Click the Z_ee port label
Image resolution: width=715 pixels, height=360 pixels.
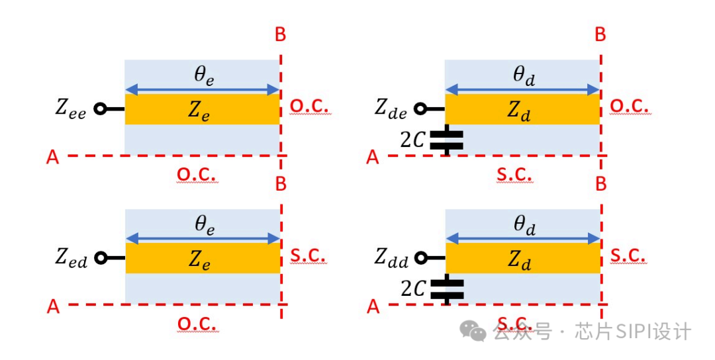tap(70, 109)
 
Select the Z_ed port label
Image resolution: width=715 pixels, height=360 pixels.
tap(70, 258)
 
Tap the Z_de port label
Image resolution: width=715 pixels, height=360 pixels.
tap(391, 109)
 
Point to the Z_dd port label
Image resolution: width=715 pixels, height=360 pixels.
tap(391, 258)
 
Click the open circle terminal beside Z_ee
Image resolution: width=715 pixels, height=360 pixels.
tap(100, 109)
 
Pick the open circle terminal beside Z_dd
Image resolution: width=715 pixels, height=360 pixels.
tap(420, 258)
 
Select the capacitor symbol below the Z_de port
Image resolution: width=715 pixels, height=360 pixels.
tap(446, 140)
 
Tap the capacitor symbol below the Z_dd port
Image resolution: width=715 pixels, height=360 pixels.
tap(446, 289)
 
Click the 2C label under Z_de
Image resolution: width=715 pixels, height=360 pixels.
tap(413, 140)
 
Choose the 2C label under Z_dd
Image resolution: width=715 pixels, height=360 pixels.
tap(413, 289)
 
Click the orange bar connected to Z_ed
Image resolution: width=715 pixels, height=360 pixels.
tap(202, 258)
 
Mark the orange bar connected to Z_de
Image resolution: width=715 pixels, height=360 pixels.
tap(522, 109)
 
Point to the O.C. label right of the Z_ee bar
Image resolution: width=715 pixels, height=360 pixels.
tap(309, 107)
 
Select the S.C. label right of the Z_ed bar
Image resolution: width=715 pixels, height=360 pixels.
tap(309, 256)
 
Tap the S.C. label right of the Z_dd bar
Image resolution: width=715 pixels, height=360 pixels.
tap(628, 256)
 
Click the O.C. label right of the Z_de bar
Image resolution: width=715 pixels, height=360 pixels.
tap(630, 107)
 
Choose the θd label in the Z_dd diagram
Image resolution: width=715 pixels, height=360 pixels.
tap(524, 225)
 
